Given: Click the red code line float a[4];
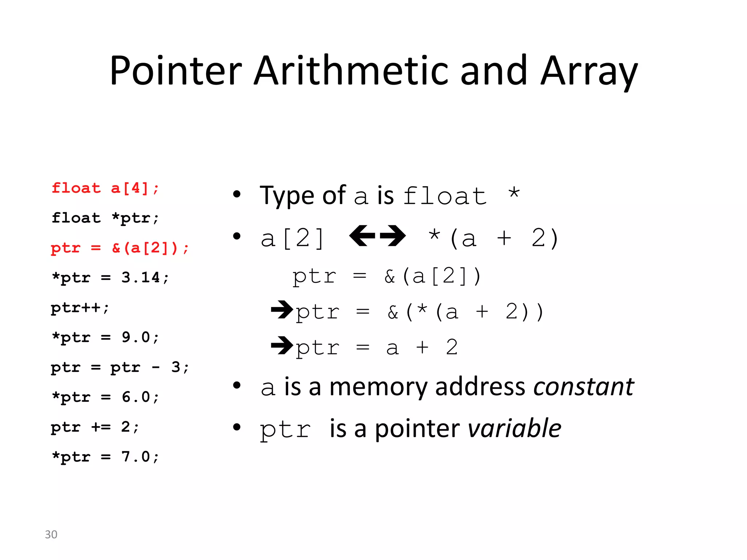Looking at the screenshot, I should click(105, 188).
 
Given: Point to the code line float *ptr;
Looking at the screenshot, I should click(105, 218).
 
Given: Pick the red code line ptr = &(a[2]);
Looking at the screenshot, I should click(120, 248).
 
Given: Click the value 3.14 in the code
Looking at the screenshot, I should click(140, 278).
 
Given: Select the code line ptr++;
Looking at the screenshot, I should click(80, 308).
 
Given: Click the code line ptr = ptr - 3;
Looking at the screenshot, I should click(120, 367).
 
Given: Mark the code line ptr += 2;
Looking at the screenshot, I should click(95, 427).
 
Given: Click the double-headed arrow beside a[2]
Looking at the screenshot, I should click(377, 236).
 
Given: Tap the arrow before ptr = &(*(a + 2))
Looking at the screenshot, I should click(282, 310).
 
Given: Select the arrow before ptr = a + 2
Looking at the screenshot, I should click(282, 345).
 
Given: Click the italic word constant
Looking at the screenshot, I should click(584, 387).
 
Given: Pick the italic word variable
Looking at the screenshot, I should click(515, 428).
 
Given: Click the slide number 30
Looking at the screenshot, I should click(51, 534).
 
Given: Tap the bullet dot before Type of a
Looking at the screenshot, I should click(237, 194).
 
